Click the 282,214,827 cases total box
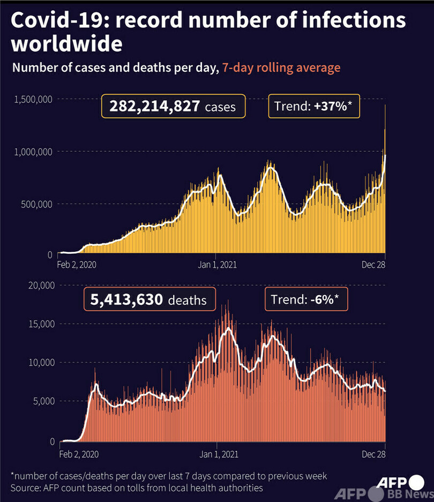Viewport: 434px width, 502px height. point(173,106)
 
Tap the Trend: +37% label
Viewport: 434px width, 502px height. point(314,106)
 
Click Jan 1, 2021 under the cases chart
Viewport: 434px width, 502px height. point(217,265)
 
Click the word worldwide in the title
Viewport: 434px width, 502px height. point(66,44)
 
